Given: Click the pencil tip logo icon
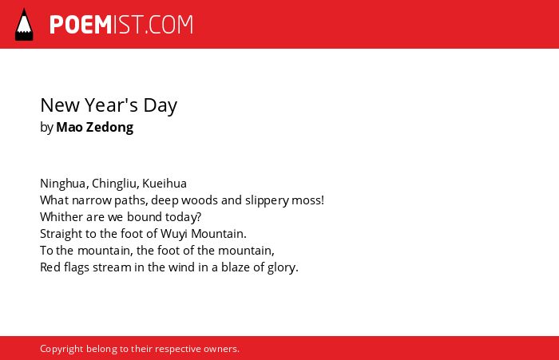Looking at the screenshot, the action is point(24,25).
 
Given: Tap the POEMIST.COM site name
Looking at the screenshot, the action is point(121,25).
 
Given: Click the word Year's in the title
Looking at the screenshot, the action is point(111,105).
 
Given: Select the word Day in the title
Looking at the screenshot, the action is point(160,106).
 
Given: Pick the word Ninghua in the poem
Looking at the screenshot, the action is point(63,184).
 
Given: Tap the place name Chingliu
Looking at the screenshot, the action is point(114,184).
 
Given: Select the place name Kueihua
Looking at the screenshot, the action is point(165,184).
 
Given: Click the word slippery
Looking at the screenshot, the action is point(267,200).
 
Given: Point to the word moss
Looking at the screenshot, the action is point(306,200).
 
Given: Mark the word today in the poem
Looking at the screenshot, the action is point(180,217).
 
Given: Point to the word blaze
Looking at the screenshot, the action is point(236,267).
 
